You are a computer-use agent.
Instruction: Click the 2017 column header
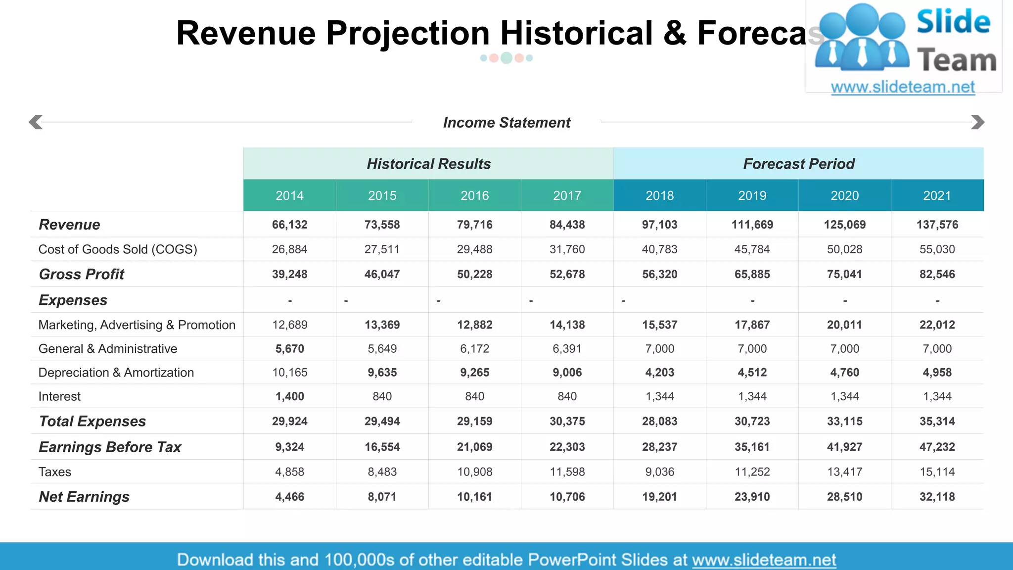pyautogui.click(x=567, y=195)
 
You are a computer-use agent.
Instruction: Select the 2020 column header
pyautogui.click(x=844, y=195)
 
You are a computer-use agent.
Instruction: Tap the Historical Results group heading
pyautogui.click(x=428, y=164)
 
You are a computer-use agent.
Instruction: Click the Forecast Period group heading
pyautogui.click(x=798, y=164)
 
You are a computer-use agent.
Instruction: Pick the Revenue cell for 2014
pyautogui.click(x=289, y=225)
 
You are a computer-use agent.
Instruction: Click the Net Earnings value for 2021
pyautogui.click(x=937, y=497)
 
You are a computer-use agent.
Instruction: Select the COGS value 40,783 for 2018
pyautogui.click(x=659, y=249)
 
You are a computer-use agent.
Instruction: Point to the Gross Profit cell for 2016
pyautogui.click(x=474, y=274)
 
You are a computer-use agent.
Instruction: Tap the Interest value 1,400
pyautogui.click(x=289, y=396)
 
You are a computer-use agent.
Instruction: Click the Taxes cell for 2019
pyautogui.click(x=752, y=472)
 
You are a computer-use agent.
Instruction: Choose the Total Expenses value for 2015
pyautogui.click(x=382, y=422)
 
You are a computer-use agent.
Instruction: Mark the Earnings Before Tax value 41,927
pyautogui.click(x=844, y=447)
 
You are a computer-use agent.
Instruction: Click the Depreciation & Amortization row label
pyautogui.click(x=116, y=373)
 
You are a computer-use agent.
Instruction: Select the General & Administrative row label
pyautogui.click(x=107, y=349)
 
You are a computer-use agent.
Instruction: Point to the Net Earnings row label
pyautogui.click(x=84, y=497)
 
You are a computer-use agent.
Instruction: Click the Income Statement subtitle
pyautogui.click(x=506, y=123)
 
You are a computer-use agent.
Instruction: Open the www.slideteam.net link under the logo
pyautogui.click(x=903, y=87)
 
